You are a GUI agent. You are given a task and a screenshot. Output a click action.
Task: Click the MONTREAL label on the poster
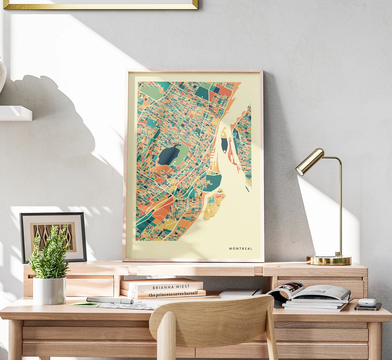pos(240,249)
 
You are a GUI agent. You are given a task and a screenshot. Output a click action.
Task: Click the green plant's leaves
pos(50,250)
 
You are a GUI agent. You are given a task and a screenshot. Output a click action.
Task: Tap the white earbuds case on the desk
pos(367,302)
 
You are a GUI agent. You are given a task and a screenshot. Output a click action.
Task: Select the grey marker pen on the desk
pos(110,300)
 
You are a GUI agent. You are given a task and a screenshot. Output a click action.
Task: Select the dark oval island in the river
pos(224,145)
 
